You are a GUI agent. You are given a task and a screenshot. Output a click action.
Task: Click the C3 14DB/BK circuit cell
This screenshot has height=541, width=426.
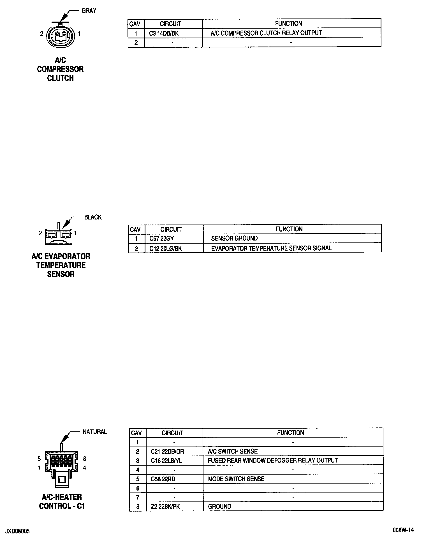tap(164, 33)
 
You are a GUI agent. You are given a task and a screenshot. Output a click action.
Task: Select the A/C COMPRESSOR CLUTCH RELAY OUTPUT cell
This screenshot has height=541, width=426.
tap(266, 33)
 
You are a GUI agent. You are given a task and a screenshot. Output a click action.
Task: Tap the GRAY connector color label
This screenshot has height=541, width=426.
tap(89, 11)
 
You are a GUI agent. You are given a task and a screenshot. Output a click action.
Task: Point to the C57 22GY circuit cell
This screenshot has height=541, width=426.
tap(161, 239)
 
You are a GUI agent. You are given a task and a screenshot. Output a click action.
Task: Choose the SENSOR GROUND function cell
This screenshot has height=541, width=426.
tap(234, 239)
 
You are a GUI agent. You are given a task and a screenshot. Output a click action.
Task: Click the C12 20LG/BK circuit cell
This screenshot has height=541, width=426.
tap(166, 249)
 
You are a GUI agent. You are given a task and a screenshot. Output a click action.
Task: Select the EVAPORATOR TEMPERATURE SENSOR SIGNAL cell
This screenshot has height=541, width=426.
tap(271, 248)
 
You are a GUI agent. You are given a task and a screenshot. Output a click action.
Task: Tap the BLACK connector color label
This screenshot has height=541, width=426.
tap(93, 217)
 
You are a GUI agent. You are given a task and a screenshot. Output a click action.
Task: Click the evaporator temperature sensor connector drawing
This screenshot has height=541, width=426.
tap(59, 236)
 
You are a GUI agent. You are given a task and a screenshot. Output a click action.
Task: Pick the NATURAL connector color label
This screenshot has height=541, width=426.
tap(95, 432)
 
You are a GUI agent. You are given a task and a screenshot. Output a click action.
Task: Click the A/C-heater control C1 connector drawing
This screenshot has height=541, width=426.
tap(61, 466)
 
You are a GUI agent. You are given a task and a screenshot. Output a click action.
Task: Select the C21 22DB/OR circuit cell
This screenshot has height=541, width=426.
tap(168, 452)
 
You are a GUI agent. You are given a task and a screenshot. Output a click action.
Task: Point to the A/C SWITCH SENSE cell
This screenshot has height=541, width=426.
tap(233, 451)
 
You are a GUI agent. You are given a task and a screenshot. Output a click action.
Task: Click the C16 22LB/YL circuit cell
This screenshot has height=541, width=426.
tap(166, 461)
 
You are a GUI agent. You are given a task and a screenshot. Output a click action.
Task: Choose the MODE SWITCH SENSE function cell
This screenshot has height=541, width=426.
tap(236, 479)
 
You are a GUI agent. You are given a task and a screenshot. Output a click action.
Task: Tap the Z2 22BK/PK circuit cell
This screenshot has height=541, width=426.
tap(165, 507)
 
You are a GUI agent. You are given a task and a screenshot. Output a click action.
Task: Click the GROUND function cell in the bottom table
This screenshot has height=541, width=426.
tap(220, 507)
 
